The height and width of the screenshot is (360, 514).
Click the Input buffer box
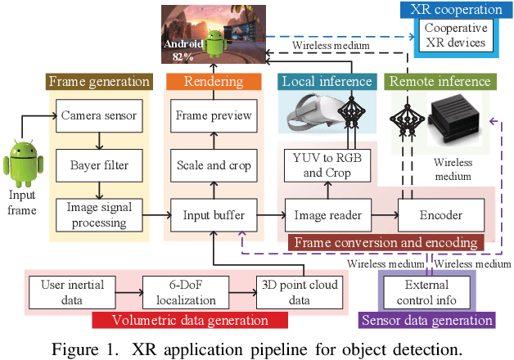213,215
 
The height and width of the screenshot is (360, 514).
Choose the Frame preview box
213,115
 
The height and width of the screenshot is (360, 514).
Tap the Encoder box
440,215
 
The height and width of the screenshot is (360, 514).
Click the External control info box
426,290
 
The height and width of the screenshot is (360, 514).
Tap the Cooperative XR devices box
454,36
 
